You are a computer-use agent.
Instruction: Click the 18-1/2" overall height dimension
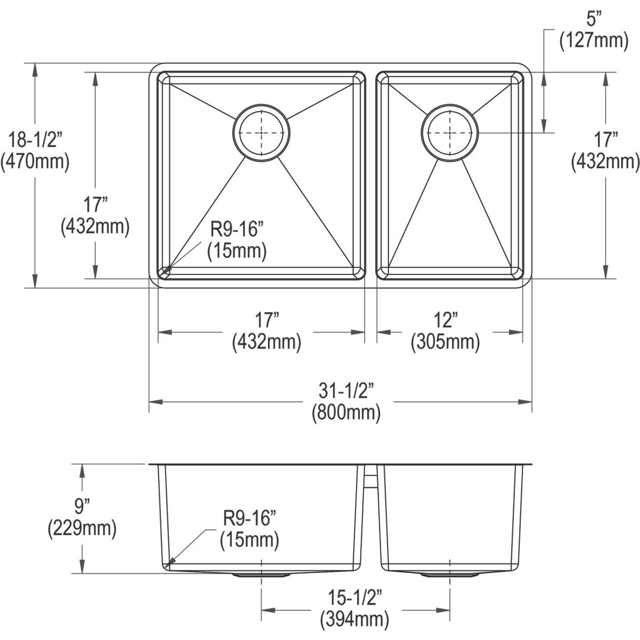click(x=34, y=138)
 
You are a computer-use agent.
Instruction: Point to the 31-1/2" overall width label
click(x=346, y=390)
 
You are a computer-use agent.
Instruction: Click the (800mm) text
click(x=346, y=413)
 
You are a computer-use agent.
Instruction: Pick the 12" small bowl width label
click(x=445, y=320)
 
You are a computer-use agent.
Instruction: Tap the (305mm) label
click(x=445, y=343)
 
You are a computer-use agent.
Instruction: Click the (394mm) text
click(x=354, y=620)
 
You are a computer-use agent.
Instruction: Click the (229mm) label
click(x=81, y=529)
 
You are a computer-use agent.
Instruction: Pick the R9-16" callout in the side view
click(x=248, y=518)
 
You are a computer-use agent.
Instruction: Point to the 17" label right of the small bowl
click(x=605, y=139)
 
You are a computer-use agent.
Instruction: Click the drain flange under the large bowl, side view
click(x=261, y=575)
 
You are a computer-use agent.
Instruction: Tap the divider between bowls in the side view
click(x=370, y=480)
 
